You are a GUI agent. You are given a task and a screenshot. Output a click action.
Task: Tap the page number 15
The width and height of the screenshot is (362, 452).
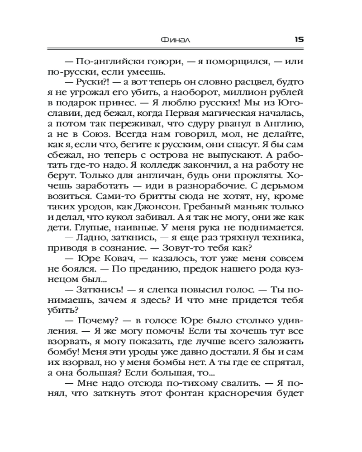[299, 39]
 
